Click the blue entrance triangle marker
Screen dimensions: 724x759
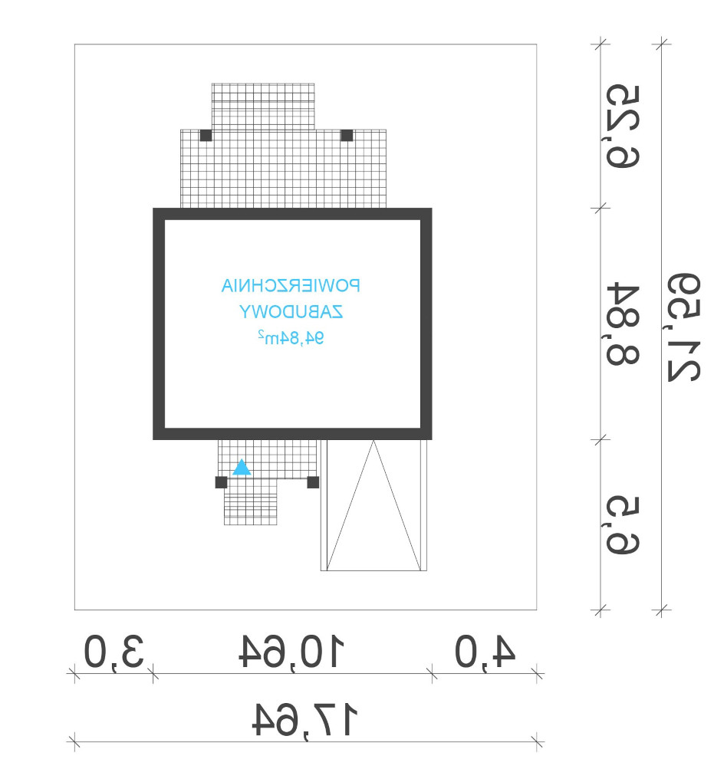click(x=242, y=468)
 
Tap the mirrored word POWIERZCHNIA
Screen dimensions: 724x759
click(x=291, y=286)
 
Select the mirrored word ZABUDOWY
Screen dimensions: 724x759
click(x=291, y=312)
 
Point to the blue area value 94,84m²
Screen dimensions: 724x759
click(x=291, y=337)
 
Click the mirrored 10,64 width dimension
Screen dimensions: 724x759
click(x=291, y=651)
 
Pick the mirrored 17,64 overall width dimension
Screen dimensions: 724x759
click(x=304, y=720)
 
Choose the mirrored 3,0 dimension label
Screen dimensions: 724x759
click(x=114, y=652)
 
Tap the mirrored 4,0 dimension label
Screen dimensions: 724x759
click(x=485, y=652)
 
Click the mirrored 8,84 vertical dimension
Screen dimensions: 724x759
click(x=623, y=324)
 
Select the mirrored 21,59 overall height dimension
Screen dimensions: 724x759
click(x=684, y=327)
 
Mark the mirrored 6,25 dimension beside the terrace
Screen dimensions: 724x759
click(x=623, y=127)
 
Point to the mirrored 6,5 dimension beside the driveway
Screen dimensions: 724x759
click(x=623, y=525)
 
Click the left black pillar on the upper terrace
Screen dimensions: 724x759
click(x=206, y=136)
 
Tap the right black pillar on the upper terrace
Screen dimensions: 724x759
click(x=347, y=136)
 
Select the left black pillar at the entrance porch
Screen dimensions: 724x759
click(x=222, y=482)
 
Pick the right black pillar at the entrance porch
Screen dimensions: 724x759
click(x=314, y=482)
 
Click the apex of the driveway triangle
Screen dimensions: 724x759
click(x=374, y=441)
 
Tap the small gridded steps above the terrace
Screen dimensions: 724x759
click(x=263, y=107)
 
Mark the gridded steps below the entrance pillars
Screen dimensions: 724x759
click(x=250, y=502)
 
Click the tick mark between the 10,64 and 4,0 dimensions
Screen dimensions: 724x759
click(x=432, y=673)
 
